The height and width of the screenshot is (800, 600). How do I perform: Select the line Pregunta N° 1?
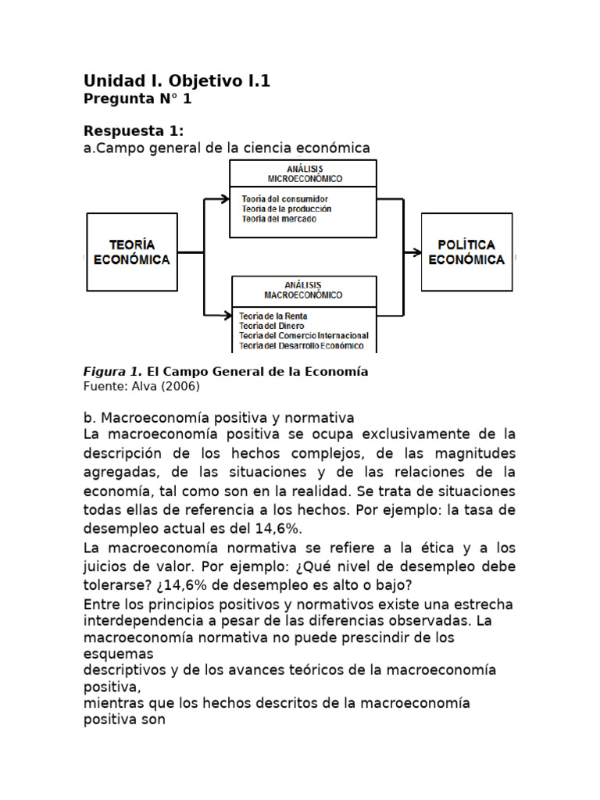(137, 99)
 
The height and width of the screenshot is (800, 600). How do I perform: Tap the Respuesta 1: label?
(134, 130)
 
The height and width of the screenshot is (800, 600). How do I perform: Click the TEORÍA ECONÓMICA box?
(131, 252)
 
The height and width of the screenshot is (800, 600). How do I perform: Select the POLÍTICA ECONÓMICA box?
(467, 252)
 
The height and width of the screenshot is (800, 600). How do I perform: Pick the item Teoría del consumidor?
(279, 199)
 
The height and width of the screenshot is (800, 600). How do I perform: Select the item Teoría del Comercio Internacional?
(303, 336)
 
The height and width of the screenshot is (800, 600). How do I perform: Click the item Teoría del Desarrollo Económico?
(301, 346)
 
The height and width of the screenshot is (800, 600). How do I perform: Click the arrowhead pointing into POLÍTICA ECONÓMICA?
(416, 252)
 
